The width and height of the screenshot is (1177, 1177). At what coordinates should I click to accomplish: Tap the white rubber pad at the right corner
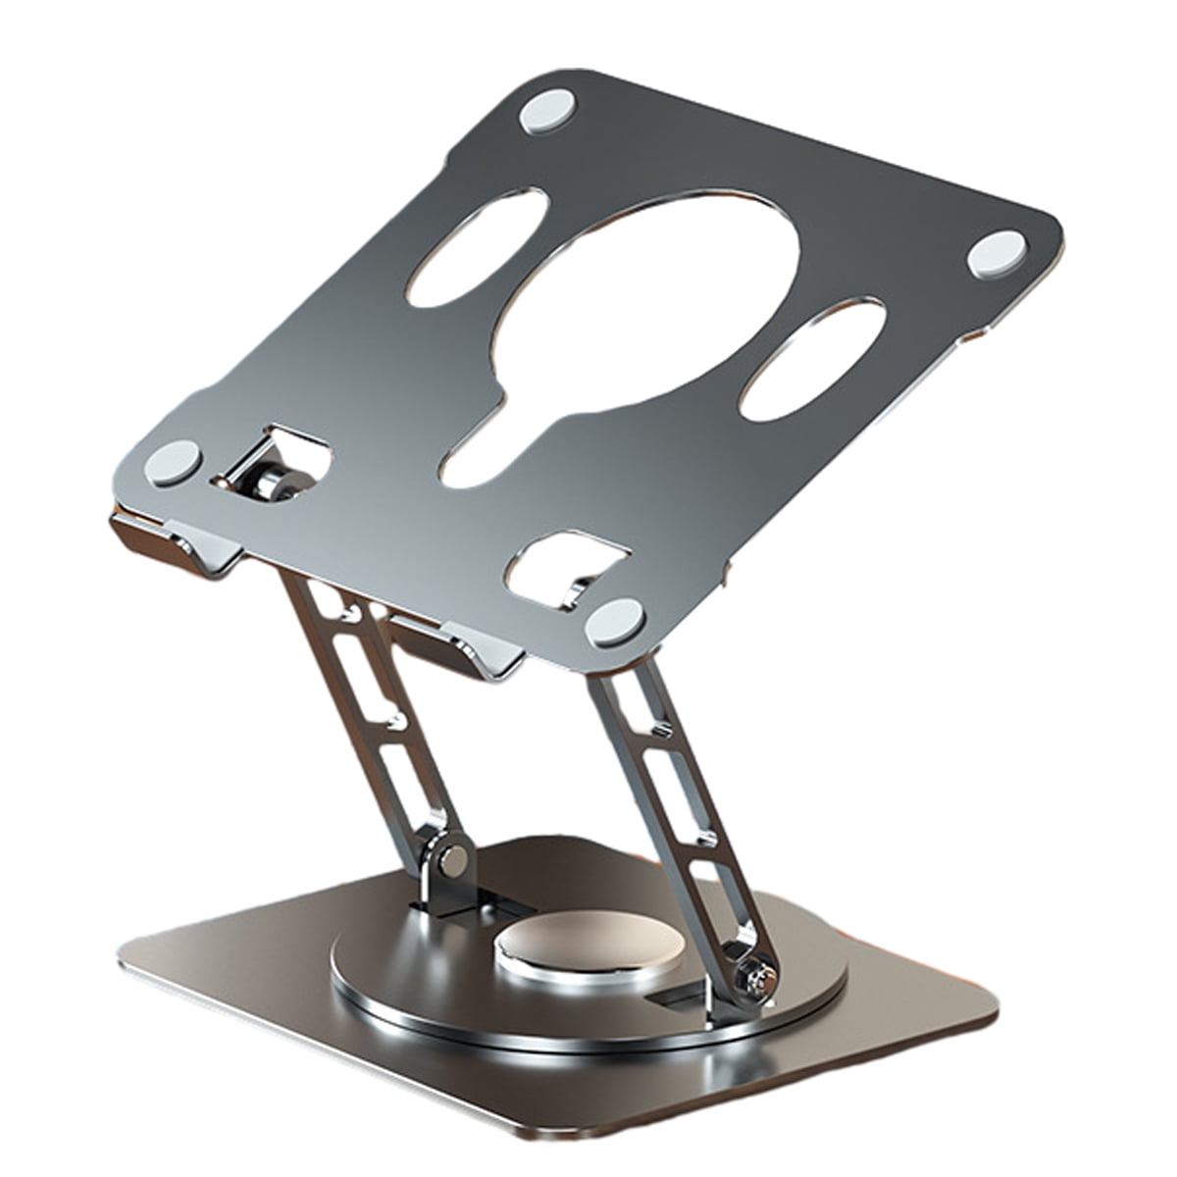pyautogui.click(x=997, y=253)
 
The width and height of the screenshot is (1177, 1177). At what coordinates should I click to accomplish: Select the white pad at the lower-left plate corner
pyautogui.click(x=175, y=459)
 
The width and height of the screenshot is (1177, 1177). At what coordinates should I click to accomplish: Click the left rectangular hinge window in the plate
pyautogui.click(x=280, y=461)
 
